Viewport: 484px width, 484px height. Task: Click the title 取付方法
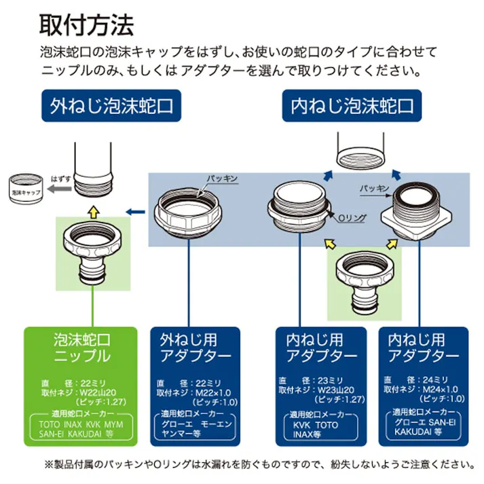(86, 24)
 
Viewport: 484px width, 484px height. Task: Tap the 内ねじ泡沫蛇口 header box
(352, 106)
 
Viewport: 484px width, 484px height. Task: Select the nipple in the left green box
(91, 256)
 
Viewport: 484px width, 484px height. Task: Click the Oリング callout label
(352, 217)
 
